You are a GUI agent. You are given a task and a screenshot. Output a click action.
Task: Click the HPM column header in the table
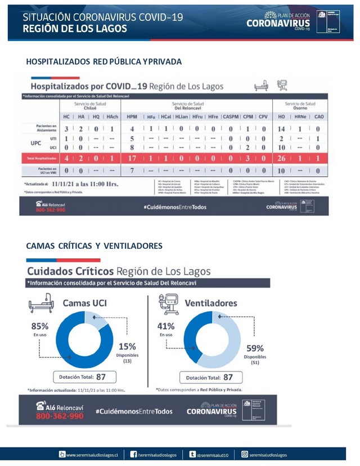click(132, 116)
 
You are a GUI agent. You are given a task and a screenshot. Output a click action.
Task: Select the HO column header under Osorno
click(281, 116)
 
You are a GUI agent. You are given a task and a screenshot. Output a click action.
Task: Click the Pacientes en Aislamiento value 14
click(281, 128)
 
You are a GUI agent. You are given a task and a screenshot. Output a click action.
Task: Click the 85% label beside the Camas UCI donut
click(40, 326)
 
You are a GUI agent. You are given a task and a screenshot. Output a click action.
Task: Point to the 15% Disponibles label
click(127, 347)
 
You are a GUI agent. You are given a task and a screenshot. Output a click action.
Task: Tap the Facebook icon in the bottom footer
click(134, 454)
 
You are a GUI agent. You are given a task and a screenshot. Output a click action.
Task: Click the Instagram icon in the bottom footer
click(244, 454)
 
